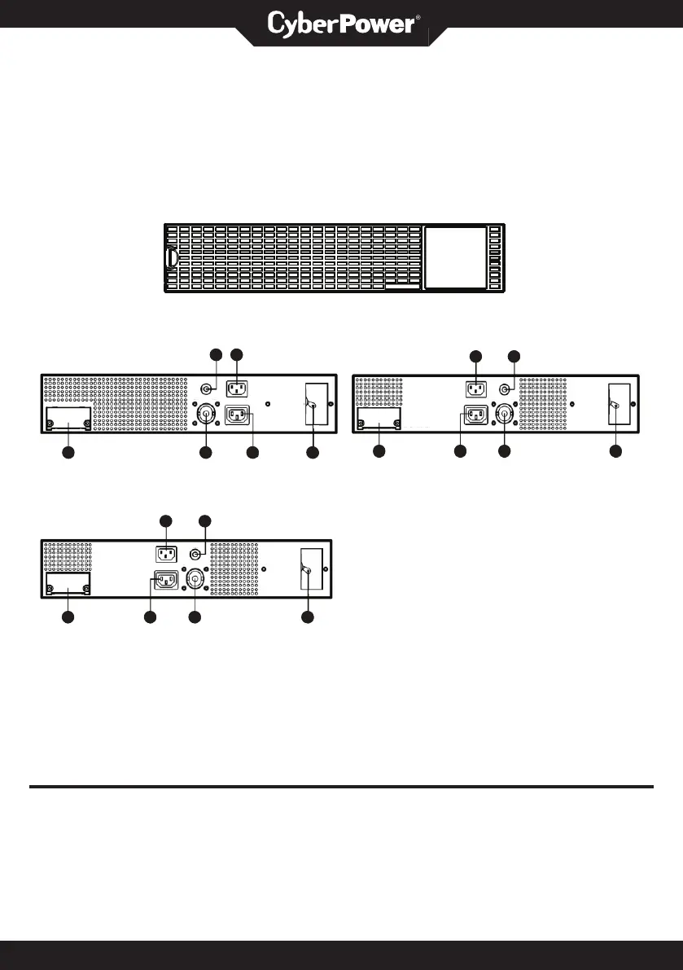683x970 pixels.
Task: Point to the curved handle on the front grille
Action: (x=172, y=258)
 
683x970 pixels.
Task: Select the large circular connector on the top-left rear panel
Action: (x=206, y=415)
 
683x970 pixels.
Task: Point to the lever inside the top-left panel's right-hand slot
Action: (x=313, y=405)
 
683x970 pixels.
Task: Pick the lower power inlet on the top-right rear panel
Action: (x=475, y=415)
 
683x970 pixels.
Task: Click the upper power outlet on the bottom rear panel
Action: (x=166, y=554)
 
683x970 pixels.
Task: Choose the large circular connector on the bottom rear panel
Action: (x=195, y=580)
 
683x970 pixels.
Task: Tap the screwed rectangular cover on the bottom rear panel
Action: (x=68, y=583)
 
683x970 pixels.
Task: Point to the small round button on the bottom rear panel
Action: (x=195, y=554)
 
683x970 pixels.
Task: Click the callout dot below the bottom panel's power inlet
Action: (x=150, y=618)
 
